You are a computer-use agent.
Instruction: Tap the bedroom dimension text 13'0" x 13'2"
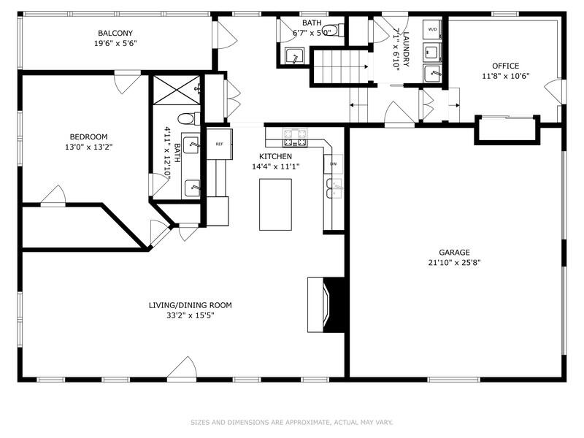point(88,147)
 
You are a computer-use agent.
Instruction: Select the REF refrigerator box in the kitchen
point(219,144)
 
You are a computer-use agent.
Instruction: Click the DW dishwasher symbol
point(333,164)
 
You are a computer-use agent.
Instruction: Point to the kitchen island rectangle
point(275,204)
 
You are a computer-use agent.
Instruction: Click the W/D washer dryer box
point(432,30)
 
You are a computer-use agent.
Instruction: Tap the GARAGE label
point(454,253)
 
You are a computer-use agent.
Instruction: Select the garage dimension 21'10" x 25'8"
point(454,263)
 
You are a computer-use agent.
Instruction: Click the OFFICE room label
point(505,66)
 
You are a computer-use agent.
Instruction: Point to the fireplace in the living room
point(324,304)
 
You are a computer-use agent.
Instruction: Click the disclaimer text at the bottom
point(292,422)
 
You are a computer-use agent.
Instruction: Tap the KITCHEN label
point(275,156)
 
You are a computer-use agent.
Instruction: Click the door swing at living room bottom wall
point(182,369)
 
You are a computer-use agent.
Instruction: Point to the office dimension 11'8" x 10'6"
point(505,76)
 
